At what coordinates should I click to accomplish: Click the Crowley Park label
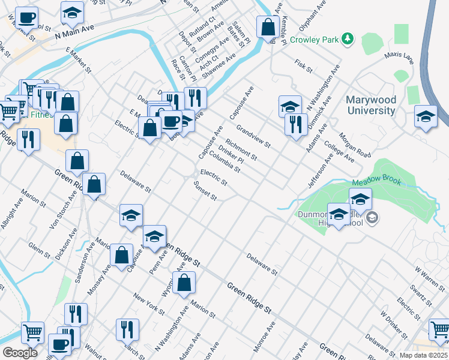coord(315,40)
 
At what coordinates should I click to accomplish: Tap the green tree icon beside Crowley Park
coord(348,40)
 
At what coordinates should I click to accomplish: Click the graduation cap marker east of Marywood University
coord(426,116)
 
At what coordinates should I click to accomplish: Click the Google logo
coord(20,352)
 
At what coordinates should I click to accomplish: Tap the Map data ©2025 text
coord(424,355)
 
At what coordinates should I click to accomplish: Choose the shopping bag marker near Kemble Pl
coord(267,27)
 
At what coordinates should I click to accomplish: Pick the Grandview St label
coord(254,136)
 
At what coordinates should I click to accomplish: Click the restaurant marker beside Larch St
coord(127,329)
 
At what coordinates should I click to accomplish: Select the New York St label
coord(149,304)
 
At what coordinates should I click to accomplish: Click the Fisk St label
coord(304,66)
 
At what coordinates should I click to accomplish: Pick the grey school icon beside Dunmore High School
coord(372,217)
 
